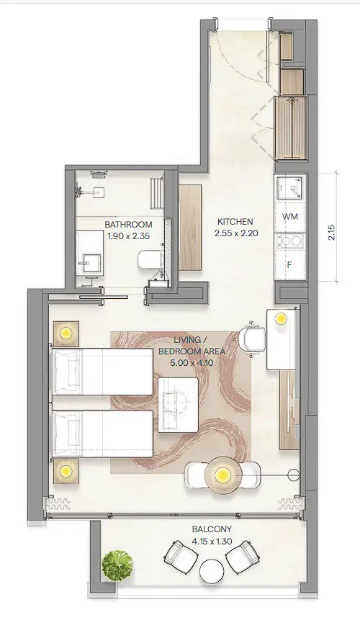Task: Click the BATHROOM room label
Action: [128, 225]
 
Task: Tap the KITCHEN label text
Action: [235, 222]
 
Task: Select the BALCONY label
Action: [212, 529]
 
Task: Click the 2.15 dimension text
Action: [331, 233]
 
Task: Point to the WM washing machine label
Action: [290, 216]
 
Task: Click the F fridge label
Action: [289, 264]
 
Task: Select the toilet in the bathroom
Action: [149, 260]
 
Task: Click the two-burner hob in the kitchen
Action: [290, 241]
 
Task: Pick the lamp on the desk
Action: [281, 319]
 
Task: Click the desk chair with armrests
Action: [252, 338]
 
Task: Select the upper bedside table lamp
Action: [66, 333]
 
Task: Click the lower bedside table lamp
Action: [66, 470]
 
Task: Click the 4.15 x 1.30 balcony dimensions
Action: [212, 542]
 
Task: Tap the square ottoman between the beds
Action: [178, 405]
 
